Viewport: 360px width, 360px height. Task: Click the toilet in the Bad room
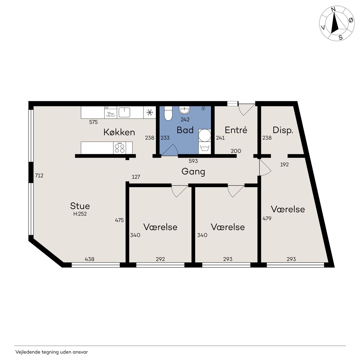(168, 113)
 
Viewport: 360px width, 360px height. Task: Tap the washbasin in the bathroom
(184, 109)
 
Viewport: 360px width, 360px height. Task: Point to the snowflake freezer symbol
(149, 112)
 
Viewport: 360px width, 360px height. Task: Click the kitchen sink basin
(124, 112)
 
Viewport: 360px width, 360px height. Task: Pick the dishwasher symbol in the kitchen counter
(111, 112)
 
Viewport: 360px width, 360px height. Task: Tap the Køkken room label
(119, 132)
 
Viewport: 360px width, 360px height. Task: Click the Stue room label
(80, 206)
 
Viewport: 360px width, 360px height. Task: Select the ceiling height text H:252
(80, 214)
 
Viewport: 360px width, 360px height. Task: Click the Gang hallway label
(193, 172)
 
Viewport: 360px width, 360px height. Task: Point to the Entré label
(236, 130)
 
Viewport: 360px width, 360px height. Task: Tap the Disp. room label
(283, 130)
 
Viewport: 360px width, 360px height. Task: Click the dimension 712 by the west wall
(39, 175)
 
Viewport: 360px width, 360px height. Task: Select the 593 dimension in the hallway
(193, 161)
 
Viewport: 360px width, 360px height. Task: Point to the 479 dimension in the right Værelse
(267, 219)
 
